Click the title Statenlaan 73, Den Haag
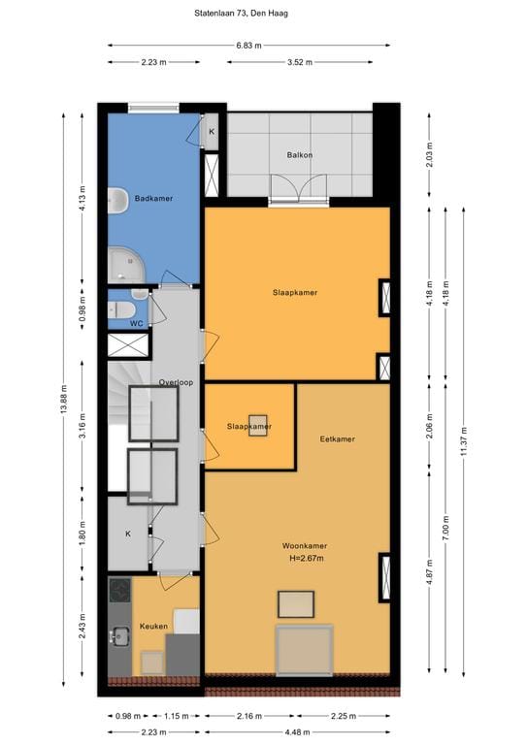pos(241,14)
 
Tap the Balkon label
pos(299,155)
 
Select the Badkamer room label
pos(153,198)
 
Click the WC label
pos(137,324)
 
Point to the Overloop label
pos(176,382)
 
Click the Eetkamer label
pos(338,439)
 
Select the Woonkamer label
pos(305,546)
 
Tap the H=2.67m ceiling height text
pos(307,559)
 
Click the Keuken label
pos(153,627)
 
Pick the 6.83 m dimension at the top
pos(249,46)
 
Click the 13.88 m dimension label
pos(64,399)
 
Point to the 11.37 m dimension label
pos(464,441)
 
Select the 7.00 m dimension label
pos(445,528)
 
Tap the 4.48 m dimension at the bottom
pos(298,732)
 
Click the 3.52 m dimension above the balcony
pos(300,62)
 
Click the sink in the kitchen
pos(119,636)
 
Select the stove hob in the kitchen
pos(119,590)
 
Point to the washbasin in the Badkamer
pos(116,201)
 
